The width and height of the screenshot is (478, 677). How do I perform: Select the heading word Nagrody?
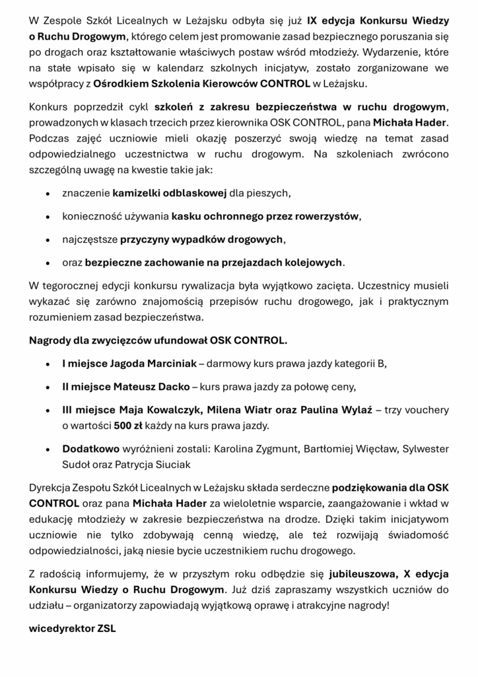pyautogui.click(x=51, y=340)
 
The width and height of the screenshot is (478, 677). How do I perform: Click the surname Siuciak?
pyautogui.click(x=172, y=464)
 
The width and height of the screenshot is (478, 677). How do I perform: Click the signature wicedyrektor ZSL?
pyautogui.click(x=72, y=628)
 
